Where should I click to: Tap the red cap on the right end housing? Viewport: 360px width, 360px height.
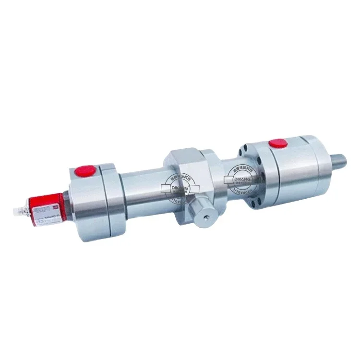[x=277, y=143]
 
